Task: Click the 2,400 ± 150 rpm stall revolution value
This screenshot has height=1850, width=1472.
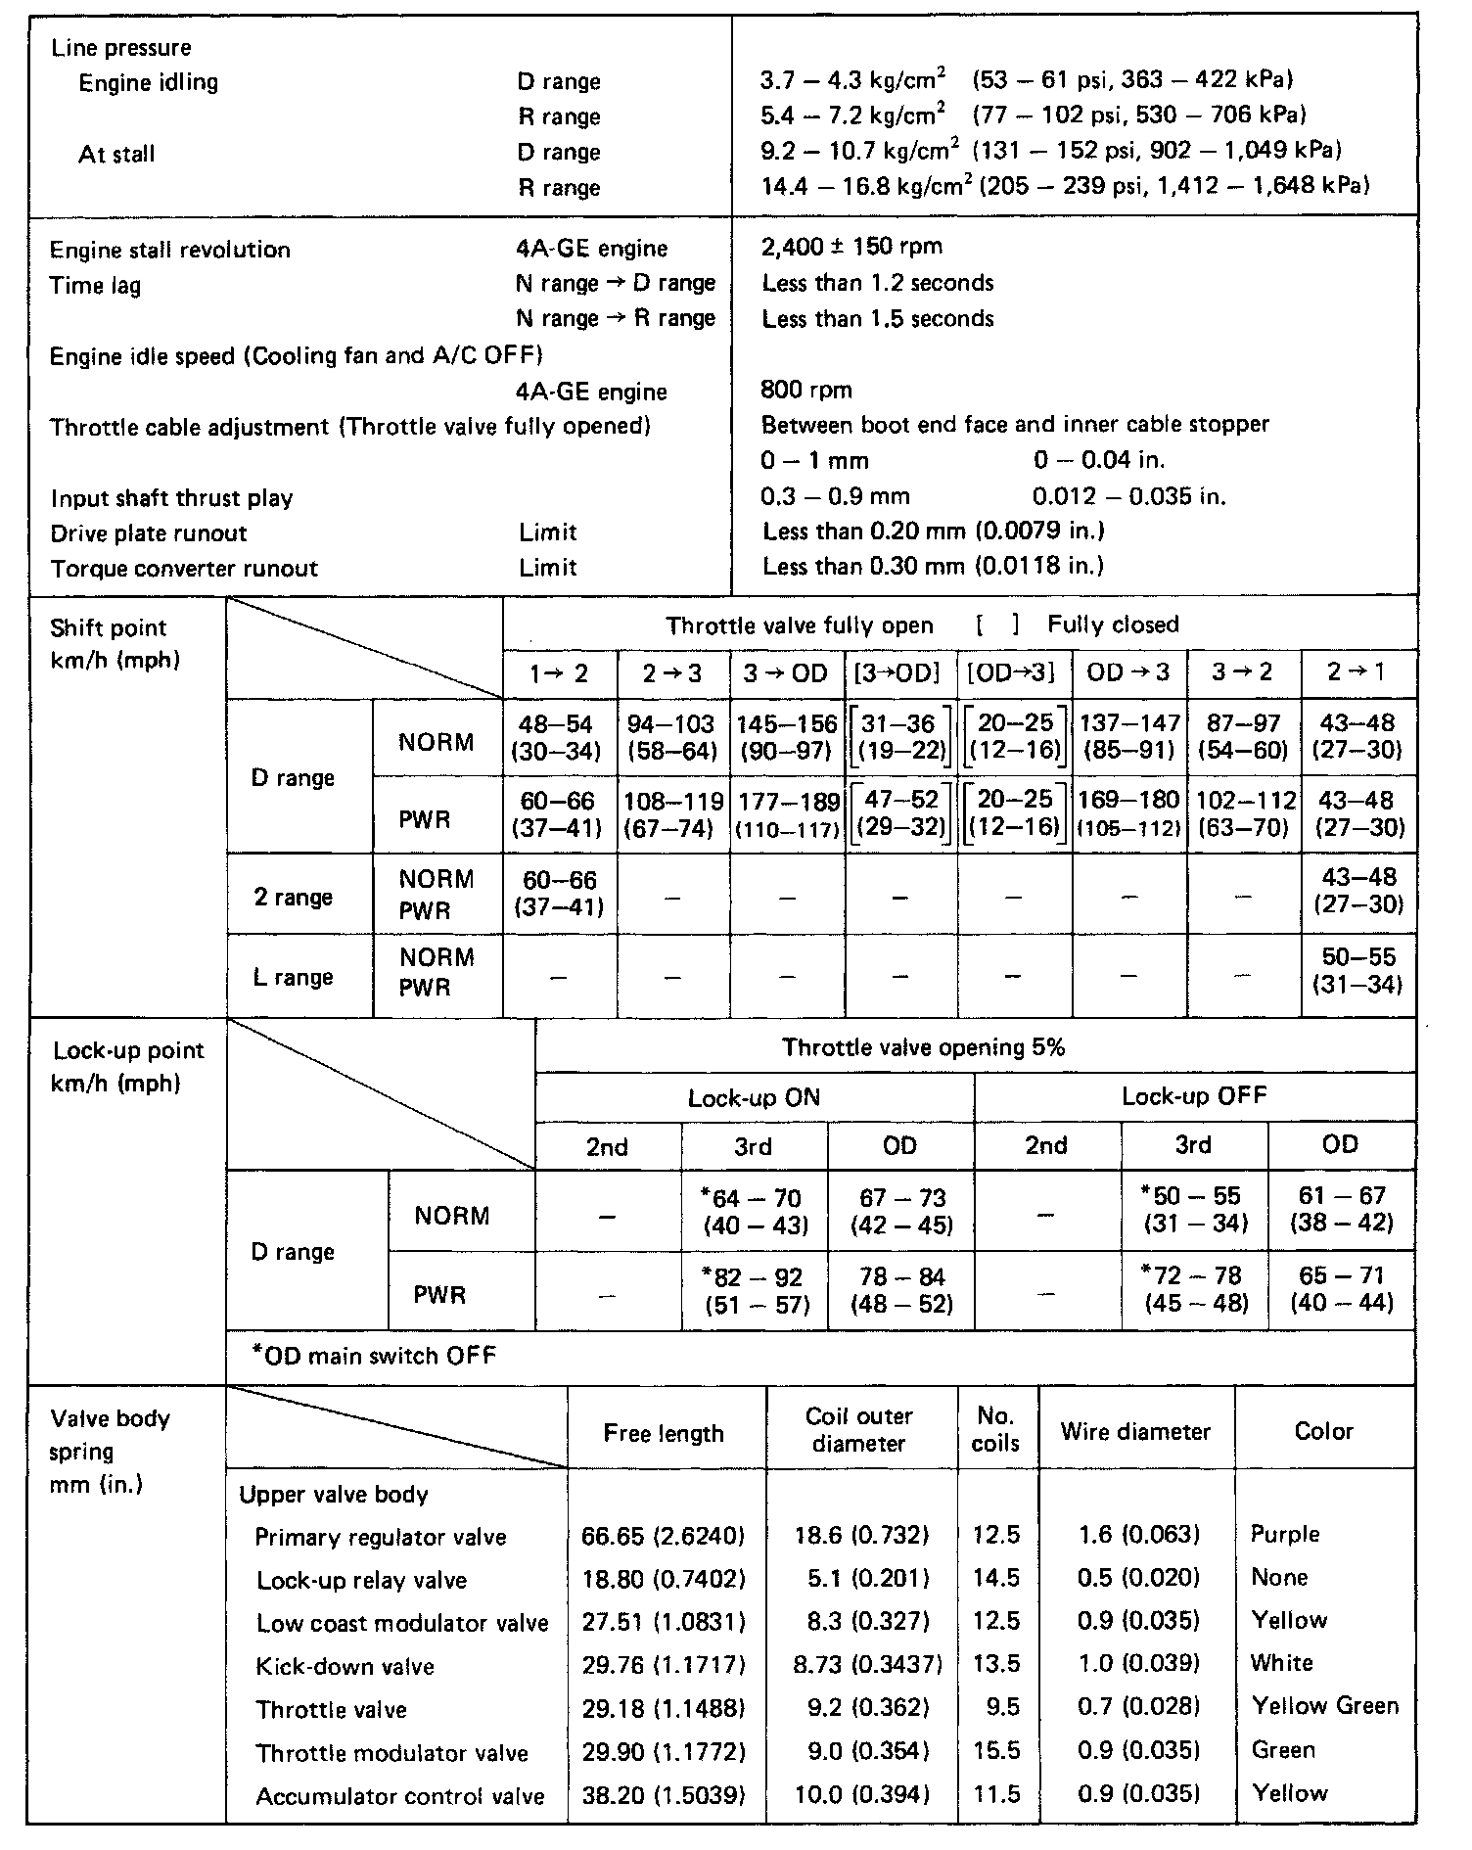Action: [x=851, y=247]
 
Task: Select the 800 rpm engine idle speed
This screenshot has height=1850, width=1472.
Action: [x=806, y=391]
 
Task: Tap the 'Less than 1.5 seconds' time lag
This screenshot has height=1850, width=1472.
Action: [x=878, y=319]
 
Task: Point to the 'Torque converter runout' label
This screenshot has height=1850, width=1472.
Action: [x=184, y=569]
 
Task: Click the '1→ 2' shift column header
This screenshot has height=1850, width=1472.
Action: [x=560, y=673]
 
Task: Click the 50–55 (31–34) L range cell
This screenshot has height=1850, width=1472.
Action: [x=1358, y=971]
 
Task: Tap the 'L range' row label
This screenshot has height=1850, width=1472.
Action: [x=294, y=977]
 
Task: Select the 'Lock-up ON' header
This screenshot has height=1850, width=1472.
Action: [x=754, y=1098]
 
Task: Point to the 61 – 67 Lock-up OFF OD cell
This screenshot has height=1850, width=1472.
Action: [x=1341, y=1209]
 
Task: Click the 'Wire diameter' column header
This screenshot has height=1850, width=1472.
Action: [x=1135, y=1432]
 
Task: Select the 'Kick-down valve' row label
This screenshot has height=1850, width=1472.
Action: [x=345, y=1667]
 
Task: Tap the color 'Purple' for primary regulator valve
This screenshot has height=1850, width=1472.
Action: [x=1285, y=1534]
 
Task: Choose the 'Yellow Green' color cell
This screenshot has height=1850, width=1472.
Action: [x=1325, y=1706]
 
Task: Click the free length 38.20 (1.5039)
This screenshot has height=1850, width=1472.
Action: [x=663, y=1796]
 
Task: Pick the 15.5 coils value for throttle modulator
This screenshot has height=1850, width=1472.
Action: [x=996, y=1750]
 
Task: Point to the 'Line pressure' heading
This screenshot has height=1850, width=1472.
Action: [x=121, y=48]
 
